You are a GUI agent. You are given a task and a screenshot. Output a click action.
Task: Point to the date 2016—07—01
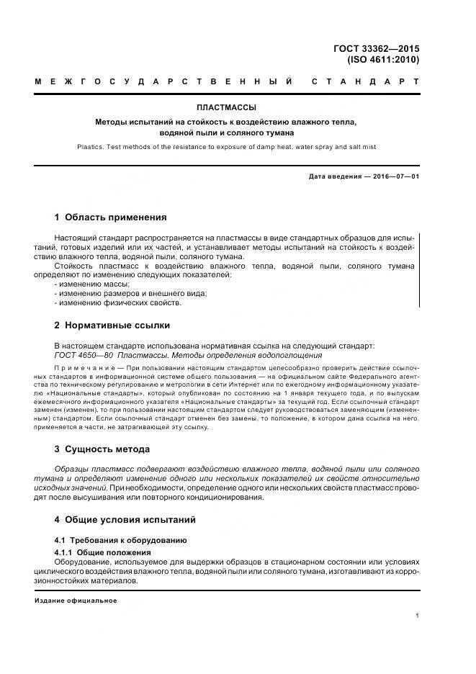pos(395,176)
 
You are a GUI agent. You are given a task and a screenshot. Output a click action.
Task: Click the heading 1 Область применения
pos(110,217)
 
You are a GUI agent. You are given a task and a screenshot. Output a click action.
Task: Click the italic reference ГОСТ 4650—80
pos(84,355)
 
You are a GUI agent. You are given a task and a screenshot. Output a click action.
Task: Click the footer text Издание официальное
pos(75,600)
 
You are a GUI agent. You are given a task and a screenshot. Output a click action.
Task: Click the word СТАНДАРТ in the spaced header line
pos(365,82)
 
